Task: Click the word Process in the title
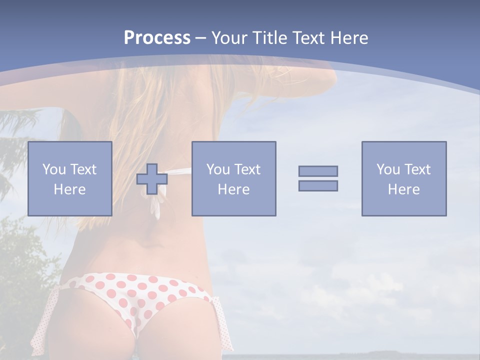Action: point(157,38)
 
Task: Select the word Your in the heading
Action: point(228,38)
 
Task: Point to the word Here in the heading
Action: point(348,38)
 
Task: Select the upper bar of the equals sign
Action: point(318,171)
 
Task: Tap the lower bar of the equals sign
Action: point(318,185)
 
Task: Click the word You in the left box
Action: point(54,169)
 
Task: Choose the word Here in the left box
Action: point(69,189)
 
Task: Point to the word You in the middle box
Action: point(218,169)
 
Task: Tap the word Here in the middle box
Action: point(233,189)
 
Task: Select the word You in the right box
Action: point(388,169)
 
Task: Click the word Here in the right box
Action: point(403,189)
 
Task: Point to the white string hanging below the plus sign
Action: point(157,207)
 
